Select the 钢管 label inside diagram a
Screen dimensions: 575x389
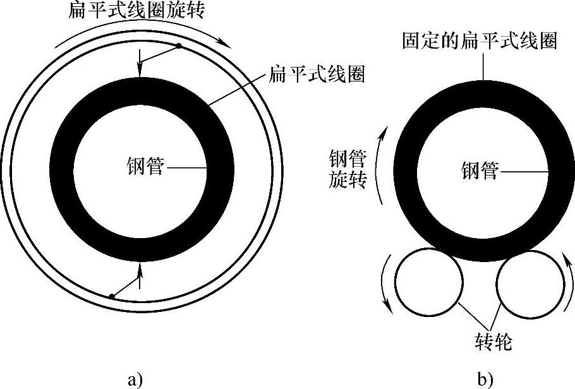[x=145, y=167]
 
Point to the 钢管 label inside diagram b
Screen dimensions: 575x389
[x=480, y=170]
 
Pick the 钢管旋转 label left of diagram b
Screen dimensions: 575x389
[x=348, y=168]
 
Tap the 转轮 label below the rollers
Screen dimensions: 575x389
[x=492, y=343]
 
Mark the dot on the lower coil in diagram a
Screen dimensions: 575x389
[x=111, y=296]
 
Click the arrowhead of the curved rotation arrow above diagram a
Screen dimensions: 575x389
[x=225, y=42]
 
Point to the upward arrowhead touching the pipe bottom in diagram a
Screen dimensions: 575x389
[x=141, y=267]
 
